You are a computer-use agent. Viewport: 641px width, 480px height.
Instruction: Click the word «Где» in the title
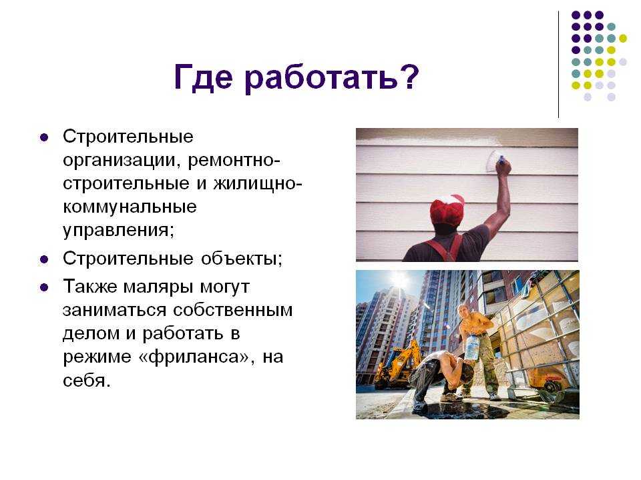click(x=203, y=77)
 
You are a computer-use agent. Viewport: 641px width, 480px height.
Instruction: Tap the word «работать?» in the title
click(x=332, y=77)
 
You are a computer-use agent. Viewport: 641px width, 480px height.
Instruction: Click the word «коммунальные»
click(x=130, y=207)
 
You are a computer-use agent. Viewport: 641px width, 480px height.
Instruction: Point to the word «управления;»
click(x=119, y=231)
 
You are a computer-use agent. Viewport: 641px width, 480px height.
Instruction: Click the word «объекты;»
click(x=242, y=259)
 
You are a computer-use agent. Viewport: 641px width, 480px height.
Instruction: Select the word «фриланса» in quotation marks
click(x=194, y=357)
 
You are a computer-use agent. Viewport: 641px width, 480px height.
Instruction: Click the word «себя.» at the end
click(x=87, y=381)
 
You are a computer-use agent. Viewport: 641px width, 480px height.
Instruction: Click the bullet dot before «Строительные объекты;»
click(x=44, y=259)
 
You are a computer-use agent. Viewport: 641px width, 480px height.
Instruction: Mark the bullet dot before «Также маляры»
click(x=44, y=288)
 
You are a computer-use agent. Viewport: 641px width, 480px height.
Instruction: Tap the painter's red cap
click(x=447, y=210)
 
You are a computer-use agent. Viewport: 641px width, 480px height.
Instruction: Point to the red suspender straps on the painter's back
click(x=445, y=247)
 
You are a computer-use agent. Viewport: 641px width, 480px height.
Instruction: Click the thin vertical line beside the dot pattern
click(x=558, y=65)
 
